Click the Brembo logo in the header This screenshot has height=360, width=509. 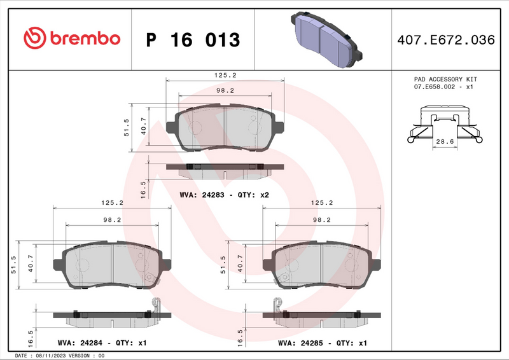71,38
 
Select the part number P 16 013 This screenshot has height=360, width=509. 193,40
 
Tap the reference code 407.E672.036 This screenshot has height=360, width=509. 445,40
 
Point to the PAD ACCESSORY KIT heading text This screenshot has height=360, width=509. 445,79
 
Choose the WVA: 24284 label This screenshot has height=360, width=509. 78,343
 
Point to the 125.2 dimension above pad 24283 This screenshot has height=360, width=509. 225,74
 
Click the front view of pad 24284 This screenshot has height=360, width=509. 112,266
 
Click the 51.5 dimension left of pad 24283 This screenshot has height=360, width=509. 127,127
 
